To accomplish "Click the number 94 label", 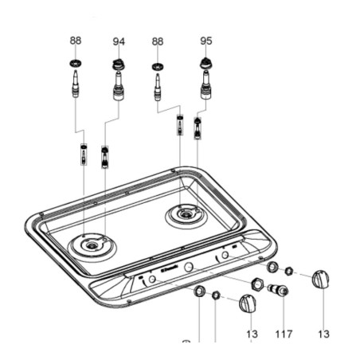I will point(119,41).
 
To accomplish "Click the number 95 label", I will point(206,41).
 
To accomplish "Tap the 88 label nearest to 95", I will point(158,41).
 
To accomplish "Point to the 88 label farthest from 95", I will point(76,41).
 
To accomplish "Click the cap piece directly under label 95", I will point(205,63).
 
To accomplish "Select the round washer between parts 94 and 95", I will point(158,66).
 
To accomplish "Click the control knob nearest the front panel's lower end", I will point(248,303).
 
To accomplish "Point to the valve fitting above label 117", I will point(280,291).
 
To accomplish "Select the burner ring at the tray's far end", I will point(185,213).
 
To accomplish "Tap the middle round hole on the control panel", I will point(189,268).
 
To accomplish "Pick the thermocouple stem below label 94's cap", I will point(119,86).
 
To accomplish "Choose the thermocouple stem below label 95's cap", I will point(205,82).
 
